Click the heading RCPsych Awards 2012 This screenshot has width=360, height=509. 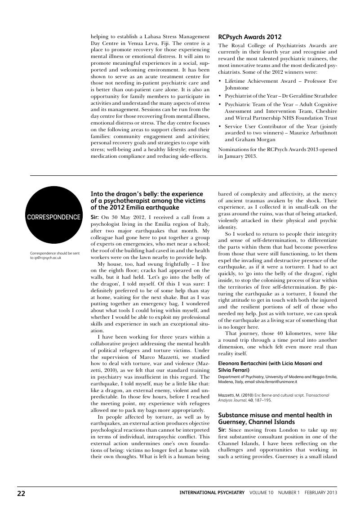click(249, 37)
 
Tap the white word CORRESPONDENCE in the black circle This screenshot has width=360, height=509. click(54, 217)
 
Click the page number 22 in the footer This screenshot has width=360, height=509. click(22, 493)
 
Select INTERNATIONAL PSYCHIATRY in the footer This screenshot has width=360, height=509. click(212, 493)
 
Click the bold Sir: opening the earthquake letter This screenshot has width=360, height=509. click(95, 217)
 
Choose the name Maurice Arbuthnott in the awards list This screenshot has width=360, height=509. click(311, 133)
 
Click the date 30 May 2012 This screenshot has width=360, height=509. click(124, 217)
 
